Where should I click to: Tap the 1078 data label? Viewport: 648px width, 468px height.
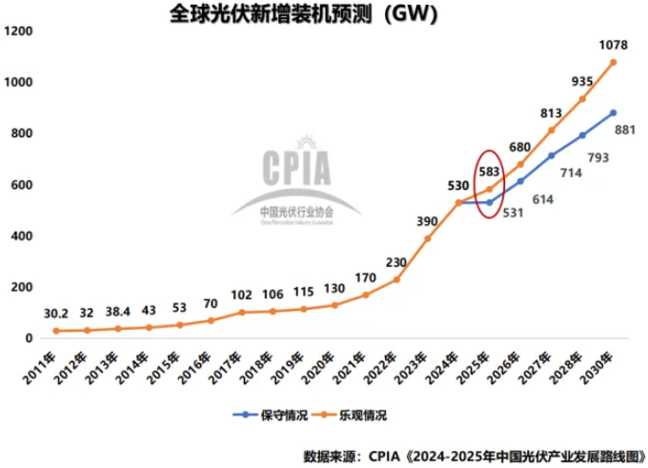pyautogui.click(x=613, y=44)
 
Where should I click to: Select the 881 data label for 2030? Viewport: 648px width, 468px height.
pyautogui.click(x=624, y=132)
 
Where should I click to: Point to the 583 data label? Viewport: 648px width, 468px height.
pyautogui.click(x=489, y=172)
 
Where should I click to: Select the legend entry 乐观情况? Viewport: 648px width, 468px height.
pyautogui.click(x=358, y=415)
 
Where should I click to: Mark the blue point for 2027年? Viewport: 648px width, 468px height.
pyautogui.click(x=551, y=155)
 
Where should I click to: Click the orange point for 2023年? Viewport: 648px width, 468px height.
pyautogui.click(x=428, y=238)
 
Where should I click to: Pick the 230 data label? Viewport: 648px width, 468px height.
pyautogui.click(x=397, y=262)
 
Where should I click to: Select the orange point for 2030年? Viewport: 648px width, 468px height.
pyautogui.click(x=613, y=62)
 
